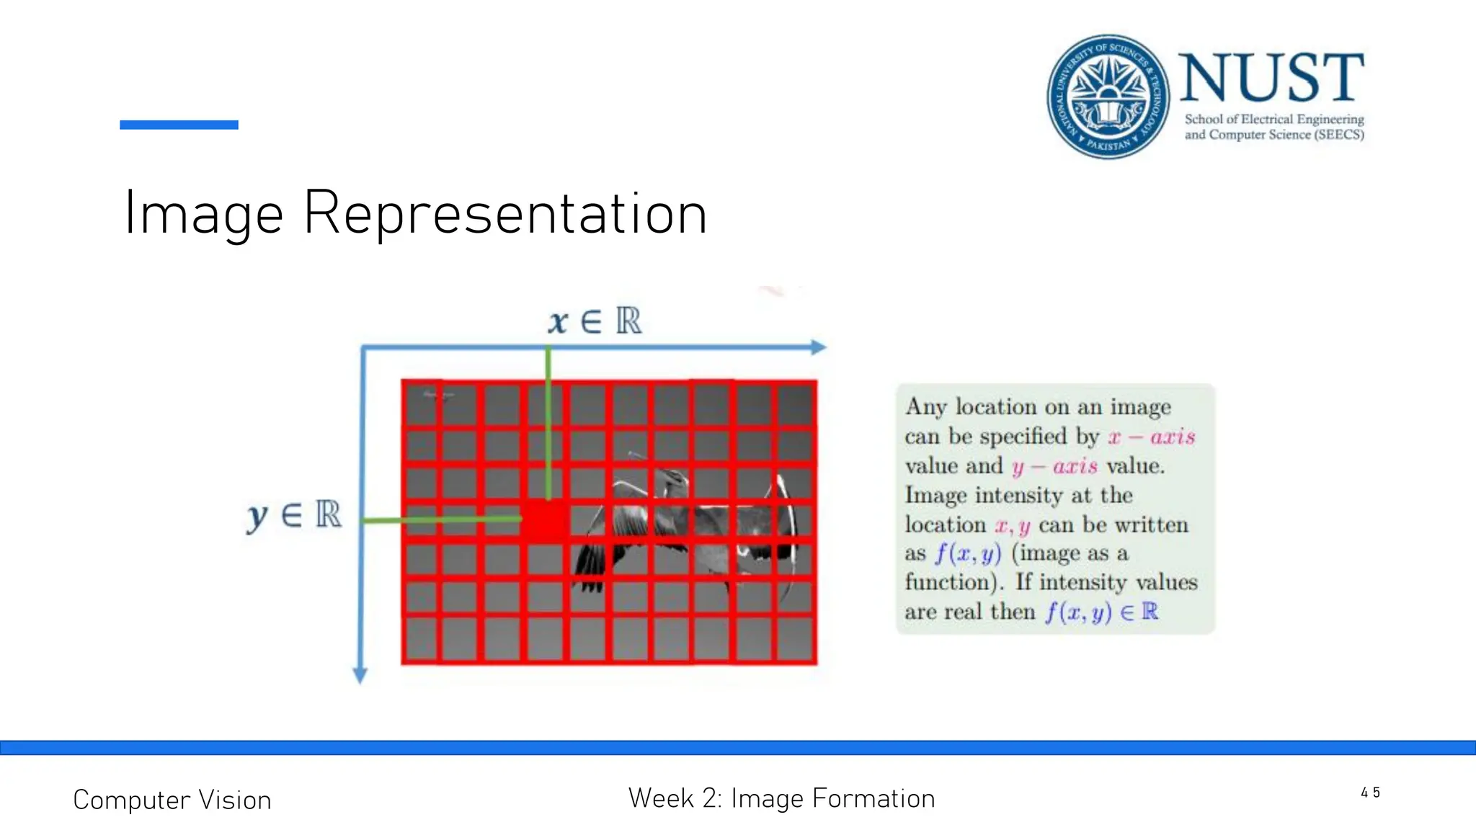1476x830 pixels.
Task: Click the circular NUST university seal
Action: tap(1108, 97)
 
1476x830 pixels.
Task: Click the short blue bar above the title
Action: tap(179, 125)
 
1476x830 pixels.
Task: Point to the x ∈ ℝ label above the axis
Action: tap(594, 321)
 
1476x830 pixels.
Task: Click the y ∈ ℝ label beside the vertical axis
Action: tap(294, 516)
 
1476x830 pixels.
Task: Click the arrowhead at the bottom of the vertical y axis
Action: tap(360, 675)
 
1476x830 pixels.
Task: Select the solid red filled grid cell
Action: tap(544, 520)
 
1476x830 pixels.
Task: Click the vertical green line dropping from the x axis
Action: tap(548, 425)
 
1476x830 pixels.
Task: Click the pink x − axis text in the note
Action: tap(1151, 437)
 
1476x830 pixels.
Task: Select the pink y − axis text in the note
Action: tap(1054, 467)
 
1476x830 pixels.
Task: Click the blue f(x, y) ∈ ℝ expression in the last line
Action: tap(1101, 612)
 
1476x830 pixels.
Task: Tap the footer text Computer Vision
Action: tap(172, 800)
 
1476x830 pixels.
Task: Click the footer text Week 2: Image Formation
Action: tap(781, 798)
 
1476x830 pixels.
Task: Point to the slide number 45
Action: tap(1370, 793)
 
